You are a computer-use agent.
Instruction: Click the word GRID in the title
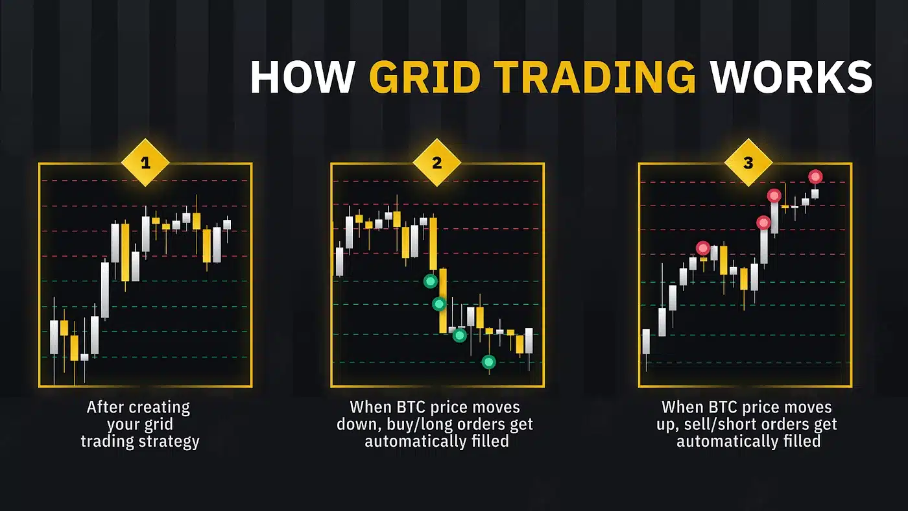click(x=425, y=77)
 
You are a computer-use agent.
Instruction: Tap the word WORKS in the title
click(x=791, y=77)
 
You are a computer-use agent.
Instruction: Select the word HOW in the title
click(x=302, y=77)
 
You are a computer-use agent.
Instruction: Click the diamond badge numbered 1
click(x=145, y=163)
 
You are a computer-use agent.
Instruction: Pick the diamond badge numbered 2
click(x=437, y=163)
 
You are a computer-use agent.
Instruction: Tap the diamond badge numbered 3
click(x=748, y=163)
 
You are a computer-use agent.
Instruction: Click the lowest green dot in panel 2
click(x=489, y=362)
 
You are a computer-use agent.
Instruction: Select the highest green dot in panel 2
click(x=431, y=281)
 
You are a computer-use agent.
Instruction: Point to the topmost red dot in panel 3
click(x=816, y=176)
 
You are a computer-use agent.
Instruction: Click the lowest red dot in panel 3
click(x=703, y=248)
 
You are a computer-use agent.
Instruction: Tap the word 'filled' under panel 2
click(x=490, y=441)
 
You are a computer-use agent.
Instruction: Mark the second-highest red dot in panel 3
click(x=774, y=196)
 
